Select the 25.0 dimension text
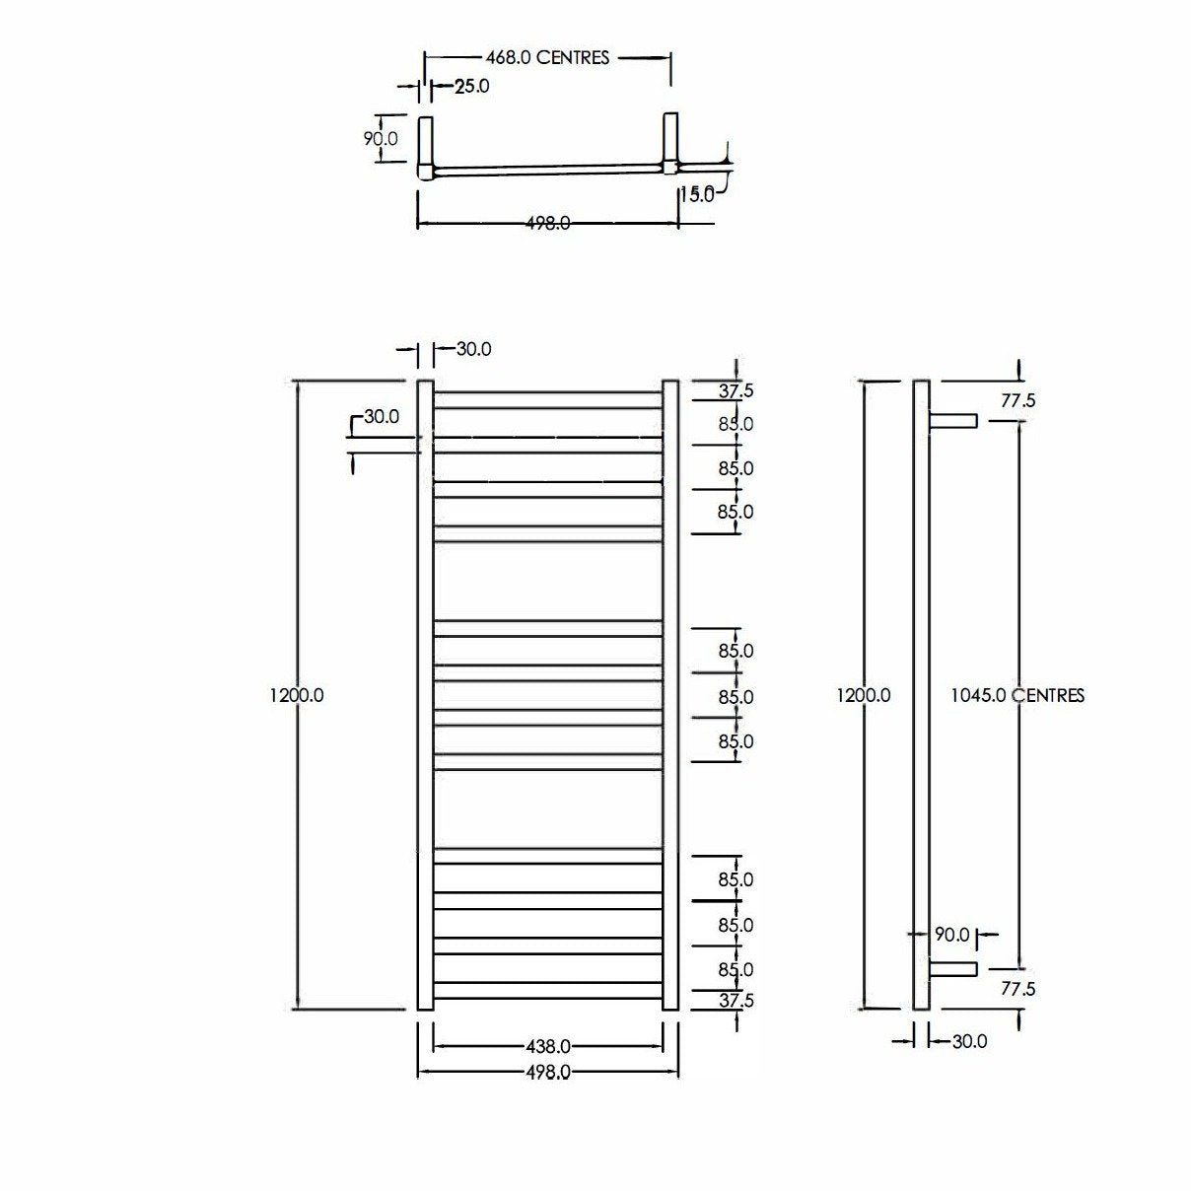click(x=471, y=87)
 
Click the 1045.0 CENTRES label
click(x=1016, y=695)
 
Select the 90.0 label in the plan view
click(x=381, y=139)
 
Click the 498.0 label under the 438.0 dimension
click(x=547, y=1072)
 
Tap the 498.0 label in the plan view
click(x=547, y=224)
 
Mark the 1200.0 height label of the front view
click(x=297, y=695)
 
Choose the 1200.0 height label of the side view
click(x=864, y=695)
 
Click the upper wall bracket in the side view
click(x=952, y=421)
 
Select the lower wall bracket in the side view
click(x=952, y=969)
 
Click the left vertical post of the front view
click(x=426, y=695)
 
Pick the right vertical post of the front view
click(x=670, y=695)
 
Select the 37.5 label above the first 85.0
click(x=736, y=391)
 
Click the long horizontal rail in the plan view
click(x=547, y=171)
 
